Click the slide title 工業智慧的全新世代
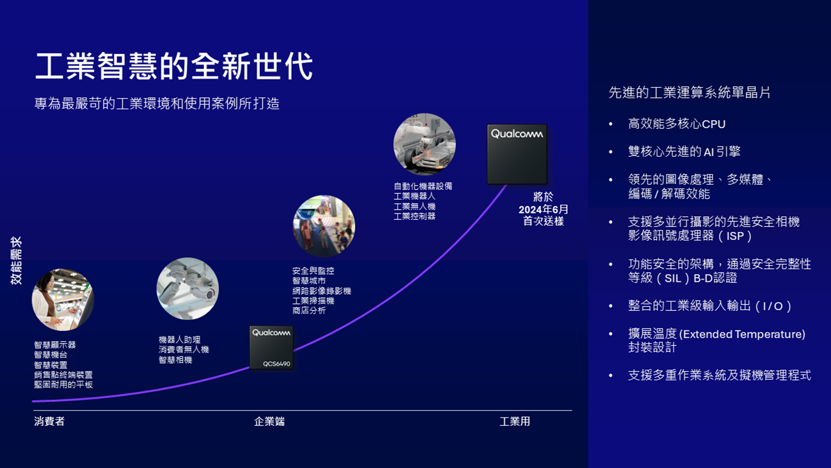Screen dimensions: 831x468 pyautogui.click(x=174, y=66)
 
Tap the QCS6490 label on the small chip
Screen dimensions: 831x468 pyautogui.click(x=277, y=364)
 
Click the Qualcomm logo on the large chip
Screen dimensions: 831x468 pyautogui.click(x=517, y=134)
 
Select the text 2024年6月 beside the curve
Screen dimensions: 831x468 pyautogui.click(x=543, y=209)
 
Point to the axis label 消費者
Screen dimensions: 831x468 pyautogui.click(x=49, y=421)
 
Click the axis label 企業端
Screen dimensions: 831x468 pyautogui.click(x=269, y=421)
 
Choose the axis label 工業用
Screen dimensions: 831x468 pyautogui.click(x=515, y=421)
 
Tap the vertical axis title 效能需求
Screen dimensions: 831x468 pyautogui.click(x=16, y=260)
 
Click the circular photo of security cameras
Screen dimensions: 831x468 pyautogui.click(x=187, y=289)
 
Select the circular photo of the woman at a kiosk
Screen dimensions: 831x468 pyautogui.click(x=63, y=299)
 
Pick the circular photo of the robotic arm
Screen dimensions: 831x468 pyautogui.click(x=424, y=144)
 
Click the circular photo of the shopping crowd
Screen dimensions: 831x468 pyautogui.click(x=324, y=226)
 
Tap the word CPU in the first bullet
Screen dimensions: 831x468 pyautogui.click(x=714, y=124)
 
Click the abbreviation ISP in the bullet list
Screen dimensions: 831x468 pyautogui.click(x=735, y=236)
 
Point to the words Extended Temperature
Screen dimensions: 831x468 pyautogui.click(x=742, y=334)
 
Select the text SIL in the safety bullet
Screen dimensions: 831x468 pyautogui.click(x=673, y=278)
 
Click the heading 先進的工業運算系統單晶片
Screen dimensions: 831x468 pyautogui.click(x=689, y=92)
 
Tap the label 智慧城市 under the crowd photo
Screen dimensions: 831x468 pyautogui.click(x=309, y=281)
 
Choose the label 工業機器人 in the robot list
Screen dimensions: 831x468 pyautogui.click(x=415, y=196)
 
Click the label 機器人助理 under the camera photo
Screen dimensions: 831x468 pyautogui.click(x=180, y=340)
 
